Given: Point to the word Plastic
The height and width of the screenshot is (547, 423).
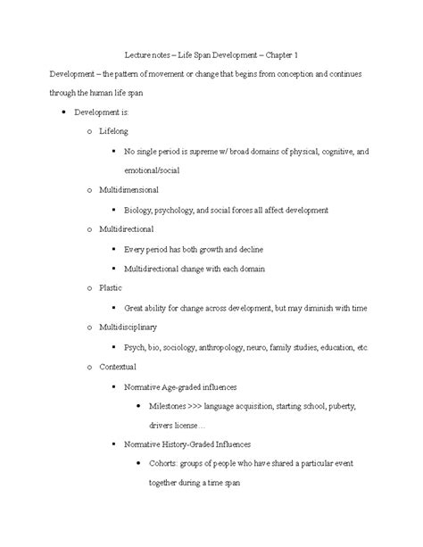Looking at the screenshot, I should point(110,287).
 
